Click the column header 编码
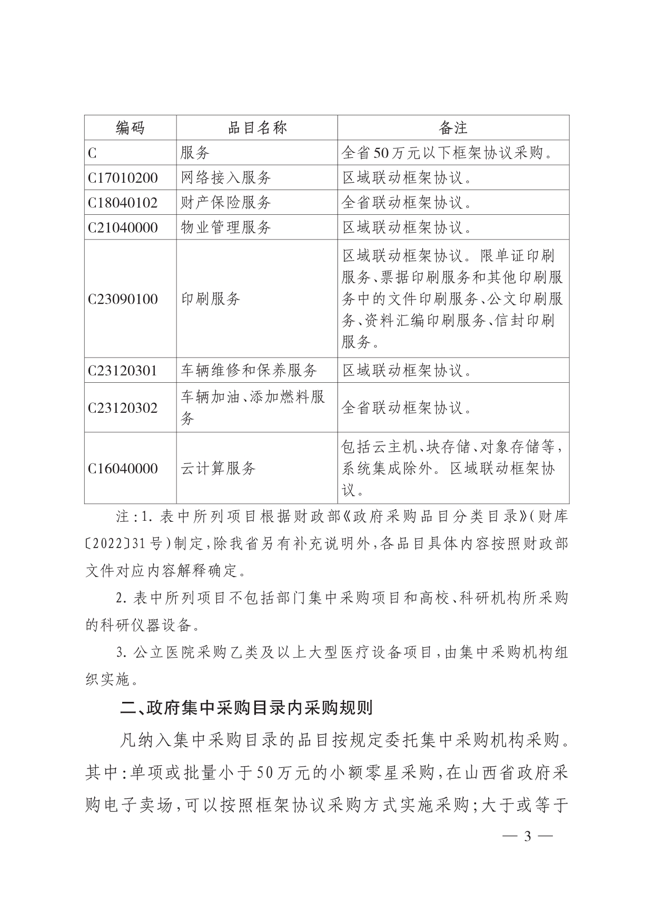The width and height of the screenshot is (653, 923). pos(130,128)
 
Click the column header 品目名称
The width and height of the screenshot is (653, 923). pos(257,128)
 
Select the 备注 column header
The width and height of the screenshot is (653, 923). pos(453,128)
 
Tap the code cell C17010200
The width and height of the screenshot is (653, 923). pos(123,178)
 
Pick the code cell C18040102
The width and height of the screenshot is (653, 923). pos(123,203)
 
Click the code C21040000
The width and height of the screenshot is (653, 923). pos(123,227)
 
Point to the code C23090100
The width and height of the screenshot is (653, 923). pos(123,299)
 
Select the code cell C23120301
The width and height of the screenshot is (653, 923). pos(123,371)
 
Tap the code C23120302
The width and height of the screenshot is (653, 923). pos(123,408)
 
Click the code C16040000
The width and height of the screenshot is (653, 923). pos(123,469)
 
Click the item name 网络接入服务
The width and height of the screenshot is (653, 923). pos(226,178)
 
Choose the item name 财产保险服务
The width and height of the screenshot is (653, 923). pos(226,203)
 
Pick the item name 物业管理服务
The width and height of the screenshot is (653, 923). pos(226,227)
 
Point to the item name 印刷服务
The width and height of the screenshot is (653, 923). pos(211,299)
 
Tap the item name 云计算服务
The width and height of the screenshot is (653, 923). pos(218,469)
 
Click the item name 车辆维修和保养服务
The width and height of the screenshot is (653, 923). pos(249,371)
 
